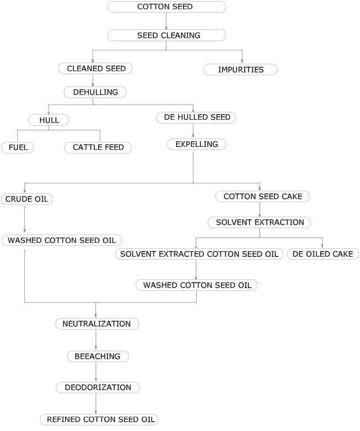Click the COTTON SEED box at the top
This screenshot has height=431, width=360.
point(167,7)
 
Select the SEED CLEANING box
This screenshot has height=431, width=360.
point(167,35)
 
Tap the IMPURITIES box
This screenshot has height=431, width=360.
point(240,70)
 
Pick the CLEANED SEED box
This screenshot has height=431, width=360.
point(96,69)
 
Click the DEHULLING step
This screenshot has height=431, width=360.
point(95,92)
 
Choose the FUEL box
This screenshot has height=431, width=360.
point(18,147)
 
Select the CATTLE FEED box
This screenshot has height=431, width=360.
point(98,147)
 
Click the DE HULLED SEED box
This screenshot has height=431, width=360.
point(197,117)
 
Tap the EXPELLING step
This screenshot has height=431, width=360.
point(193,145)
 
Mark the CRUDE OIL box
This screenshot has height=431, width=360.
point(27,199)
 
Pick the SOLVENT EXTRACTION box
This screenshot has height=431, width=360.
point(259,223)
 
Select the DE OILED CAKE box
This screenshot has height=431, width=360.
point(322,254)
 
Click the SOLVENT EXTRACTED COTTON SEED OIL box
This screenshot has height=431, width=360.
point(199,254)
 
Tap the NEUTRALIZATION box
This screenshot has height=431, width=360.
point(97,324)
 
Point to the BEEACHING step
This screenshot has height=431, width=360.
point(98,356)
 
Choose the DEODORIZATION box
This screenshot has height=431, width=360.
point(97,387)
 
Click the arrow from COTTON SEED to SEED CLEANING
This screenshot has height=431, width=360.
point(167,21)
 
